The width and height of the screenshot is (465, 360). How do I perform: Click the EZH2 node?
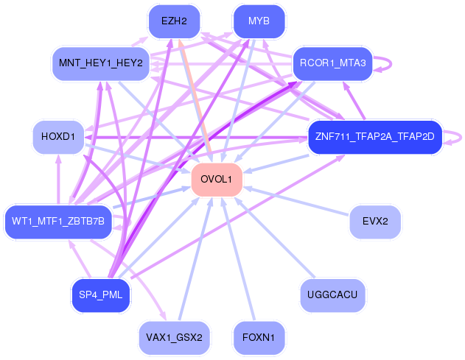174,21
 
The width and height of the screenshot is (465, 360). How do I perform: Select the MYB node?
259,21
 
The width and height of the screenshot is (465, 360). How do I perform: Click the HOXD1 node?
59,137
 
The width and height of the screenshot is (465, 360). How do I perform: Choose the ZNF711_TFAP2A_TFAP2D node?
374,137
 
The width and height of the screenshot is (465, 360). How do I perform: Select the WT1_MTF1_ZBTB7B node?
58,221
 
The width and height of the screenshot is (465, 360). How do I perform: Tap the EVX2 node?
375,220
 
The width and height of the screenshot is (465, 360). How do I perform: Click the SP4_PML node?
100,295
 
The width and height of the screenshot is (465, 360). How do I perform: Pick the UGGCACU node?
333,295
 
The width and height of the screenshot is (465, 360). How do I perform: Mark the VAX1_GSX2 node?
174,337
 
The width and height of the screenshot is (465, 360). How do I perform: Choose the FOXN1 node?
259,337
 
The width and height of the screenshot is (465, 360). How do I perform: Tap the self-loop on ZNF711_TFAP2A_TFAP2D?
458,137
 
